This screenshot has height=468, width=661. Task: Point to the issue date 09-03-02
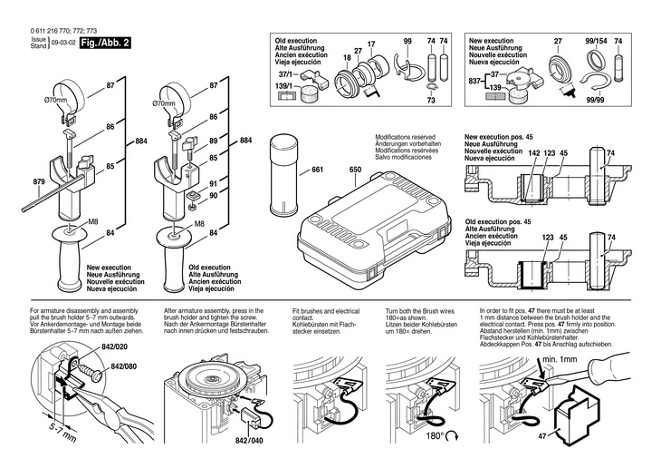click(x=62, y=43)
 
